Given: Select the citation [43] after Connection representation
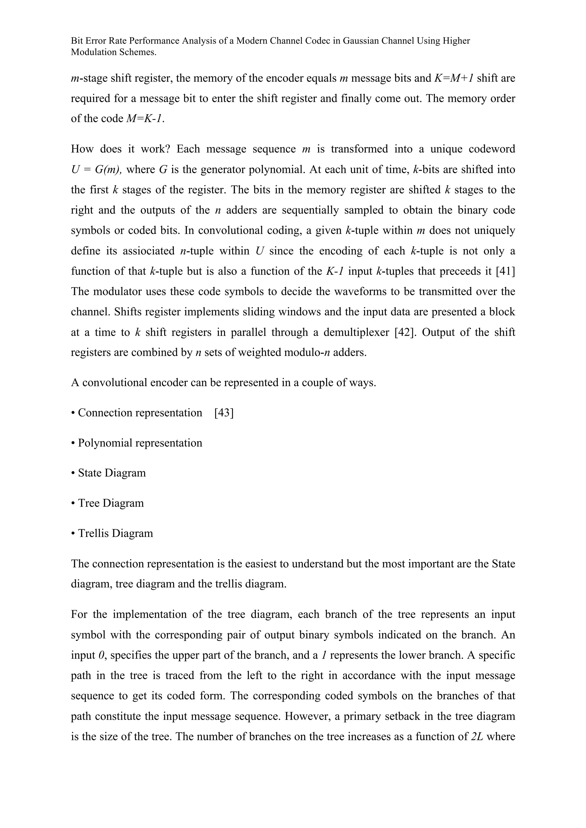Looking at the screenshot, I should pyautogui.click(x=224, y=413).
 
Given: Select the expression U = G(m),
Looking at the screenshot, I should pyautogui.click(x=96, y=169).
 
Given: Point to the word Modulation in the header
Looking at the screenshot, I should pyautogui.click(x=94, y=52).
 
